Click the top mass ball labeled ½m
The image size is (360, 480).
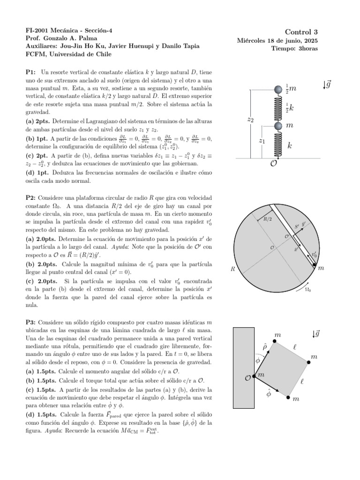pos(278,88)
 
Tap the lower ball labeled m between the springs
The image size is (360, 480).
pos(278,126)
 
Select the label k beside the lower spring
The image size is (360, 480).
pos(290,146)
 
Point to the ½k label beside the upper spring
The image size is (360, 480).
pos(290,107)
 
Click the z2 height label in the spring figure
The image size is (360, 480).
pos(250,120)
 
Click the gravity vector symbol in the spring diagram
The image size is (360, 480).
pos(328,85)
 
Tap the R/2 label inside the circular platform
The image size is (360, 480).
pos(268,218)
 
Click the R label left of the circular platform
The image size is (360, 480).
pos(233,269)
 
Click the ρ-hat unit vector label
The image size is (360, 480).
pos(265,346)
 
